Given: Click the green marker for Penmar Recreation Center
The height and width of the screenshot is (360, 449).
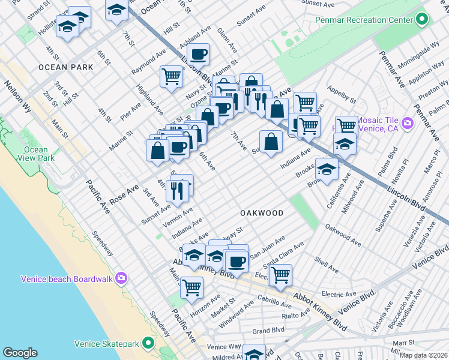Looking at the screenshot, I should (422, 20).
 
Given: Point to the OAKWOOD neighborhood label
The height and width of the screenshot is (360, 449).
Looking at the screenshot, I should (261, 213).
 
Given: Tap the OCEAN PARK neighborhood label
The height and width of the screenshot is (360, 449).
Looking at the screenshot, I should (66, 67).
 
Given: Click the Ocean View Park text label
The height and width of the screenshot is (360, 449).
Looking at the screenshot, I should (36, 154).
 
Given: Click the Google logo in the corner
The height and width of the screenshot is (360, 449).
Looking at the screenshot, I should (20, 353).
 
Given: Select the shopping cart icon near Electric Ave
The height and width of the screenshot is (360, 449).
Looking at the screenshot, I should (280, 275).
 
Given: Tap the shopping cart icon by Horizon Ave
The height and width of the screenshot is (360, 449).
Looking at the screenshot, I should (191, 287).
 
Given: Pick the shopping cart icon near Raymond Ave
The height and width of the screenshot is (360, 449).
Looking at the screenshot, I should (171, 76).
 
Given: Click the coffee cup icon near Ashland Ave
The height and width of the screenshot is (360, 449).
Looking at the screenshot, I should (198, 55).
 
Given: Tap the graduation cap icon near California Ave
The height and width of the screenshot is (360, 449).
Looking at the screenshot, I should (327, 169).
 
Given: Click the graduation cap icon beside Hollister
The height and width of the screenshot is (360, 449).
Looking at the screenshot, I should (68, 27).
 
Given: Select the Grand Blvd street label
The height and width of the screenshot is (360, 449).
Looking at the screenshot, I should (268, 331).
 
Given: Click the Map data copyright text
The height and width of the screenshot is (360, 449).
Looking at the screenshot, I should (424, 355).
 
